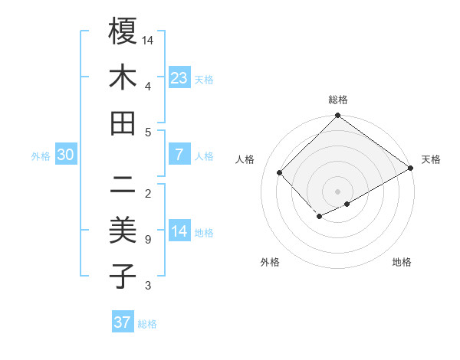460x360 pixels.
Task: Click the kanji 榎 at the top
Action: coord(123,32)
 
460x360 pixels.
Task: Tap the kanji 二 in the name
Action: coord(123,185)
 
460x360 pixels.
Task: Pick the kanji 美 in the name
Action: coord(123,231)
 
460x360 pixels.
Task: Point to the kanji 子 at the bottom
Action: coord(123,277)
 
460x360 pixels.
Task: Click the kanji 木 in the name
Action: coord(123,78)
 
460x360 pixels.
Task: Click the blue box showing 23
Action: coord(179,77)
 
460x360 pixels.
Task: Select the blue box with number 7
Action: coord(179,155)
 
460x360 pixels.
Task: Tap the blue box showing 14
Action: coord(179,231)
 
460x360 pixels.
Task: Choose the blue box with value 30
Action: coord(66,155)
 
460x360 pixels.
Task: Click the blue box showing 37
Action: coord(123,322)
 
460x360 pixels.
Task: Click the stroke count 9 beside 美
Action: coord(147,240)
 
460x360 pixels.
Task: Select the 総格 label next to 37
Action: coord(147,324)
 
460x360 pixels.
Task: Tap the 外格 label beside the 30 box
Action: coord(41,156)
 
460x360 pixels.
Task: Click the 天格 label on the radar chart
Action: coord(431,159)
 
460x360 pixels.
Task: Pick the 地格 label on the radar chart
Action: coord(402,262)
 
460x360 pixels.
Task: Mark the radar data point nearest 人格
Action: coord(280,172)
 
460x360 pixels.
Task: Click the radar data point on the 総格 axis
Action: coord(337,116)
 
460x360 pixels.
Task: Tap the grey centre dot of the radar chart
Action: coord(337,191)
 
